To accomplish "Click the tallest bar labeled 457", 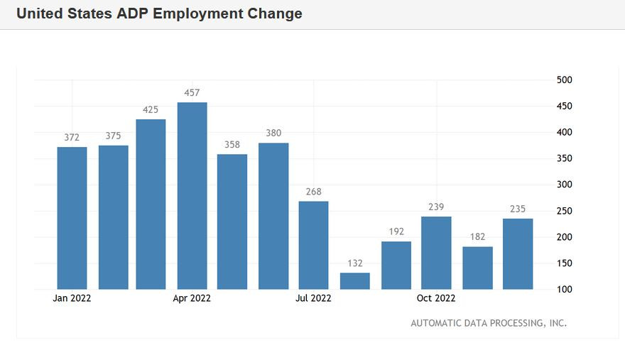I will pos(192,196).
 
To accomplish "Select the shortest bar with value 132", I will pos(354,281).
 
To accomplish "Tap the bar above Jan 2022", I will pos(72,218).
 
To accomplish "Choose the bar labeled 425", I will pos(151,204).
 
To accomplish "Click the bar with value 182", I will pos(477,268).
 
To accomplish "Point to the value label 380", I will pos(273,133).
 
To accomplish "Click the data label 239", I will pos(436,207).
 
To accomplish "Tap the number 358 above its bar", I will pos(232,144).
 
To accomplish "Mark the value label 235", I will pos(518,209).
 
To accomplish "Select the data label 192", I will pos(396,231).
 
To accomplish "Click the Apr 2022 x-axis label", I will pos(192,299).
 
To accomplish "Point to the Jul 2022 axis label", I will pos(313,299).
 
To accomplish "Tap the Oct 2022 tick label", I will pos(436,299).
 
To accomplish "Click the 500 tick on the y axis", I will pos(565,80).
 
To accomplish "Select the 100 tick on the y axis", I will pos(565,290).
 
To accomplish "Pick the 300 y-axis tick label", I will pos(565,185).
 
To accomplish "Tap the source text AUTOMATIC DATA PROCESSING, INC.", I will pos(489,323).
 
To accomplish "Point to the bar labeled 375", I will pos(113,217).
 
